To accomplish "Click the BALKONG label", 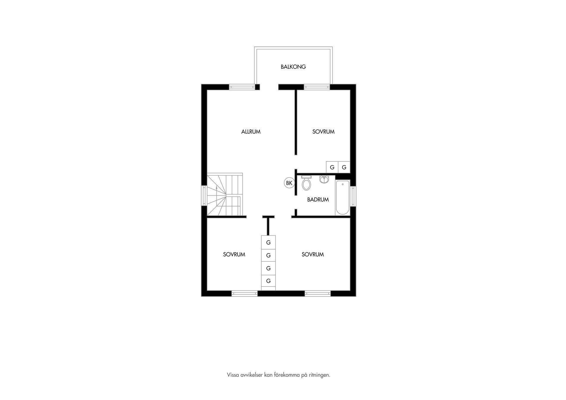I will [293, 67].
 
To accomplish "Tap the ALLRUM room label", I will [251, 132].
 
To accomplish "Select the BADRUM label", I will [318, 200].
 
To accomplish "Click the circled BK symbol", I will [289, 183].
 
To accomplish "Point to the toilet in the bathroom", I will [307, 183].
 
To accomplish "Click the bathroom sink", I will [324, 179].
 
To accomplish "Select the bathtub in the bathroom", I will [343, 197].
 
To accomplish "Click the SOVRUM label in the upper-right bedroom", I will [323, 132].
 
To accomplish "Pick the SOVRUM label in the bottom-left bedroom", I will [234, 254].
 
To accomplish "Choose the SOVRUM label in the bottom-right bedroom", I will [312, 254].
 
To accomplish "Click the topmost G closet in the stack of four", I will [268, 243].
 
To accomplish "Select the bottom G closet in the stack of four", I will [268, 281].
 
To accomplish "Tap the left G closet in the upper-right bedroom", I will [332, 167].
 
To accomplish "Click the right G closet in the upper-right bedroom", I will [344, 167].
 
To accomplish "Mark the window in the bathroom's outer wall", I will [353, 196].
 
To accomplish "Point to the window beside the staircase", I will [204, 195].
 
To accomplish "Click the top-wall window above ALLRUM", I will [242, 87].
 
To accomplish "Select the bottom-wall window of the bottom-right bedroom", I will [317, 293].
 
